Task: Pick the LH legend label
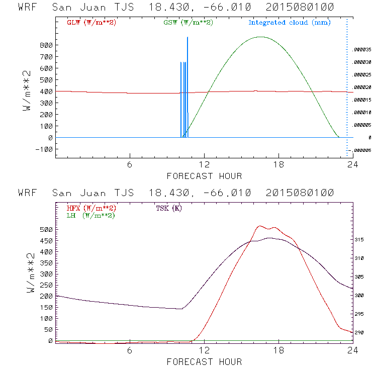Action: (x=90, y=215)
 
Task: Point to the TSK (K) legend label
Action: (x=168, y=208)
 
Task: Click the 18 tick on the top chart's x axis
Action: (x=278, y=165)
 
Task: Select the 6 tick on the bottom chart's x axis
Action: (x=130, y=351)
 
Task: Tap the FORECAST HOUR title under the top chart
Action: (x=204, y=176)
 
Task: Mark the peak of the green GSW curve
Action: (x=260, y=37)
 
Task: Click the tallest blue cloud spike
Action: (x=188, y=38)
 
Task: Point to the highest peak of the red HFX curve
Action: (x=259, y=226)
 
